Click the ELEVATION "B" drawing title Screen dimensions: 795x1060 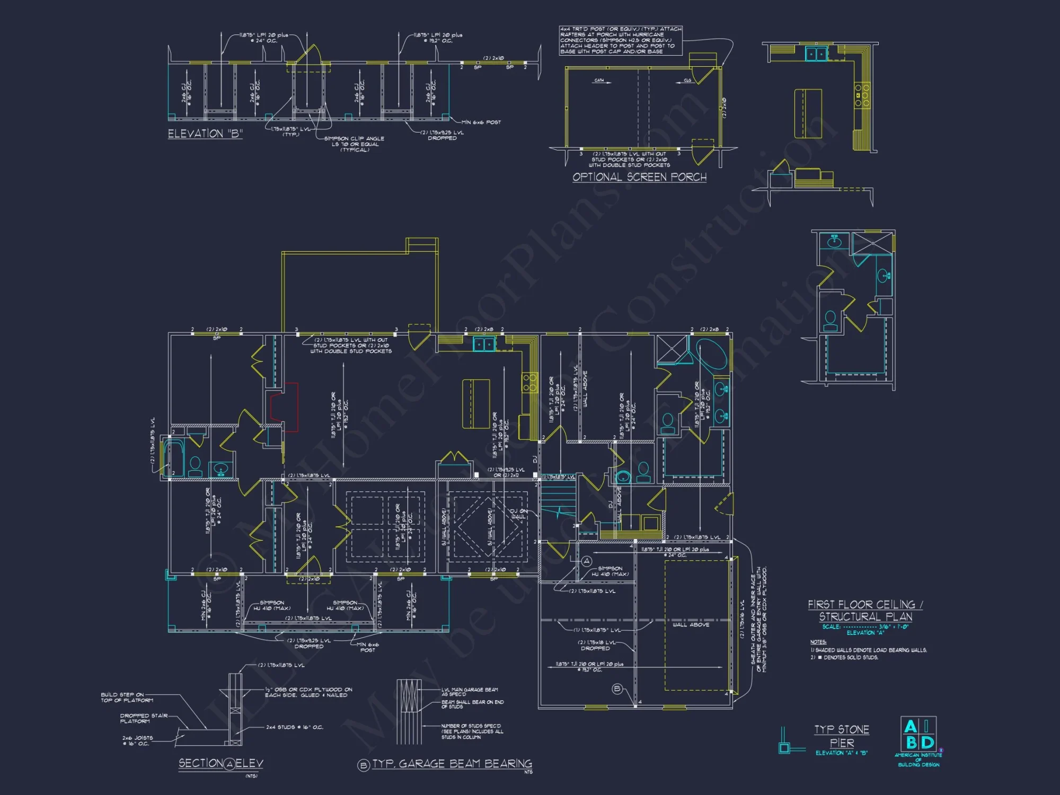pyautogui.click(x=205, y=134)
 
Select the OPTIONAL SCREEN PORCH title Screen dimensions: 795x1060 pyautogui.click(x=639, y=177)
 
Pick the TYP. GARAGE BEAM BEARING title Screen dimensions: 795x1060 pyautogui.click(x=452, y=764)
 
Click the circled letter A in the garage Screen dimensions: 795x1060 pyautogui.click(x=587, y=561)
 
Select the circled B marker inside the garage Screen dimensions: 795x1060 pyautogui.click(x=617, y=689)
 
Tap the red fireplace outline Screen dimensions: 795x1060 pyautogui.click(x=284, y=407)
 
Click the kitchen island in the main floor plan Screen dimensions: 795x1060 pyautogui.click(x=475, y=403)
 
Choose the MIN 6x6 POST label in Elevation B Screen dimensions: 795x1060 pyautogui.click(x=481, y=122)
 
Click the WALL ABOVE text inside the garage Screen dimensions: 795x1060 pyautogui.click(x=691, y=625)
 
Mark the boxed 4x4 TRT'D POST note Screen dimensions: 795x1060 pyautogui.click(x=621, y=40)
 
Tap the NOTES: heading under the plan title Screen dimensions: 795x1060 pyautogui.click(x=818, y=642)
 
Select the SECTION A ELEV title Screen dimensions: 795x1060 pyautogui.click(x=220, y=764)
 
